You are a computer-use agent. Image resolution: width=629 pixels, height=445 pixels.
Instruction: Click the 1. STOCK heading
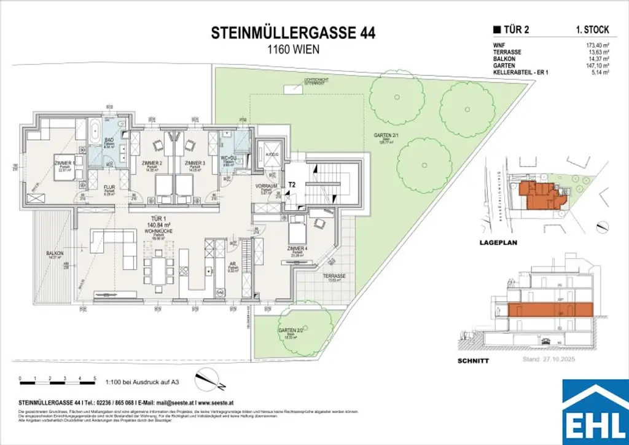(588, 28)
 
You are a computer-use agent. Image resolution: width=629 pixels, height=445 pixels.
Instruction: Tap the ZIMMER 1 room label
(64, 163)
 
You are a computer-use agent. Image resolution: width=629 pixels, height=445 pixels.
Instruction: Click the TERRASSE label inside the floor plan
(335, 277)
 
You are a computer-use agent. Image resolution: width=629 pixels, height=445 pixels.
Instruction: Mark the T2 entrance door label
(292, 183)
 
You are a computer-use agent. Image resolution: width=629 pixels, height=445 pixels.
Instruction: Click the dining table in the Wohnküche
(157, 269)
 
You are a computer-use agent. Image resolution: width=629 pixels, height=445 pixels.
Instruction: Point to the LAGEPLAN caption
(498, 243)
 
